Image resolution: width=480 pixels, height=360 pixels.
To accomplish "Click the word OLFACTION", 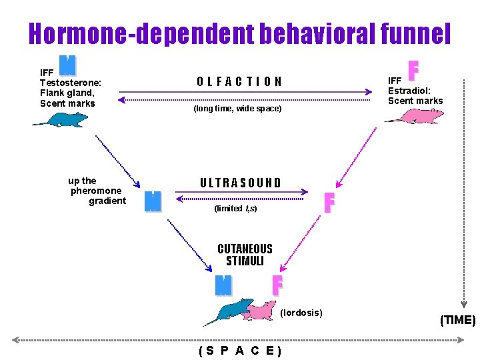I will [x=239, y=81].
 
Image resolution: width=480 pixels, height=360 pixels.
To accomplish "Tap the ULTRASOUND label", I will [x=241, y=183].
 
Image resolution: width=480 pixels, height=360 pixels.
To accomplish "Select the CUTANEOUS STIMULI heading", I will [x=245, y=255].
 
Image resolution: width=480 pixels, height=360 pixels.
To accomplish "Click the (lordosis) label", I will [x=301, y=313].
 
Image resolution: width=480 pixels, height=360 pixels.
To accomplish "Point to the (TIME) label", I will [x=457, y=320].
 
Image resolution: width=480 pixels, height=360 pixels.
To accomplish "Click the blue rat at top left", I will [x=61, y=119].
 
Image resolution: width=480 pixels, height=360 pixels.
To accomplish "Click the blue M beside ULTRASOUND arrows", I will [x=153, y=201].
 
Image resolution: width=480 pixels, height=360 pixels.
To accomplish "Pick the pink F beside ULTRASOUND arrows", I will [x=328, y=203].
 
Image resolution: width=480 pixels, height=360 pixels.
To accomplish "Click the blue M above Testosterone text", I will [x=67, y=65].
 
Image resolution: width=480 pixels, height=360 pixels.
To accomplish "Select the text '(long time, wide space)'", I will [x=237, y=108].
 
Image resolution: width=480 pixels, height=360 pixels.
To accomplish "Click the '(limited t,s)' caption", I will [x=235, y=209].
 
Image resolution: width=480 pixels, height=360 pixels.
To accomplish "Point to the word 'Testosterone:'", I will [x=71, y=83].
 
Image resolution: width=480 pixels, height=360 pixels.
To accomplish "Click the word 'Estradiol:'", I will [x=409, y=91].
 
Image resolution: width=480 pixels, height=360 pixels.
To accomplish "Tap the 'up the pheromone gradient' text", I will [x=97, y=191].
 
